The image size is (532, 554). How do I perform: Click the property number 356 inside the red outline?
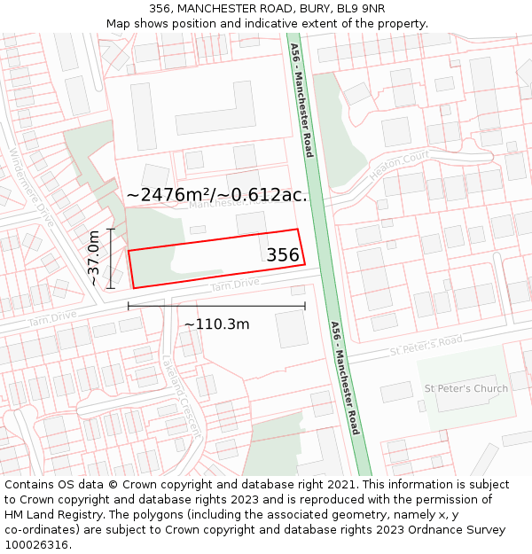coord(283,255)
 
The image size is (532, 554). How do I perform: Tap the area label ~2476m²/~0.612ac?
coord(217,195)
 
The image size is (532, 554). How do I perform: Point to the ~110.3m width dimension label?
coord(216,324)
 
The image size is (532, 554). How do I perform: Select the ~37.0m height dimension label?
coord(94,258)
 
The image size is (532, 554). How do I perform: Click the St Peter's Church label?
coord(466,388)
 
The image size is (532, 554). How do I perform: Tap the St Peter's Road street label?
coord(426,347)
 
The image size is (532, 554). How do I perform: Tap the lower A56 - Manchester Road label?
coord(345,378)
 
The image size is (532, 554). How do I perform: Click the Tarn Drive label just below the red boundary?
coord(235,285)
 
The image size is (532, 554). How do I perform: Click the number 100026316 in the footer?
coord(36,544)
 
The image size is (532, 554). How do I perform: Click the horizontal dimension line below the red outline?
coord(216,307)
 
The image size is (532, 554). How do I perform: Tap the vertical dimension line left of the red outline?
coord(111,258)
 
